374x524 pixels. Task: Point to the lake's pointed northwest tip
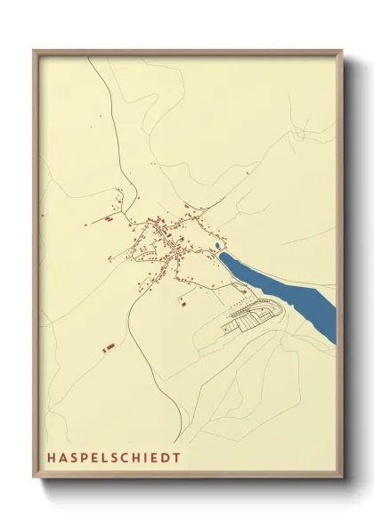pyautogui.click(x=222, y=255)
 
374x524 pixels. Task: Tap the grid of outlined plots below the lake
pyautogui.click(x=254, y=315)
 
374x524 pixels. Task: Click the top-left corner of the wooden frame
pyautogui.click(x=34, y=50)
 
